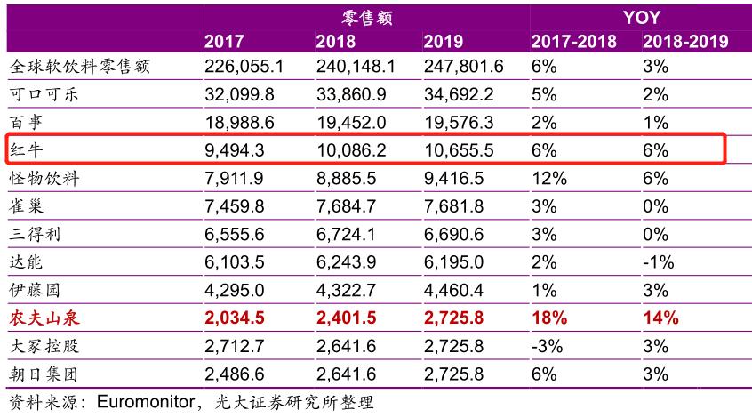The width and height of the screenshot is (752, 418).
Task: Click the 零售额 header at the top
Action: tap(367, 17)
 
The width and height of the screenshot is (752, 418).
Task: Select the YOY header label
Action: tap(640, 17)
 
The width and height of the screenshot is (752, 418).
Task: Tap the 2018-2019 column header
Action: tap(684, 41)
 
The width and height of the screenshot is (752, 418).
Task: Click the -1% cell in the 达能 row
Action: tap(658, 262)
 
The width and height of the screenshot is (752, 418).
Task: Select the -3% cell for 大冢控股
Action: tap(546, 345)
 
